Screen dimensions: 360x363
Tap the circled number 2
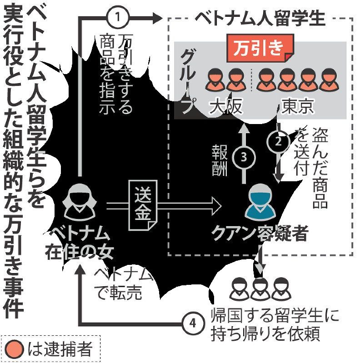279,141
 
